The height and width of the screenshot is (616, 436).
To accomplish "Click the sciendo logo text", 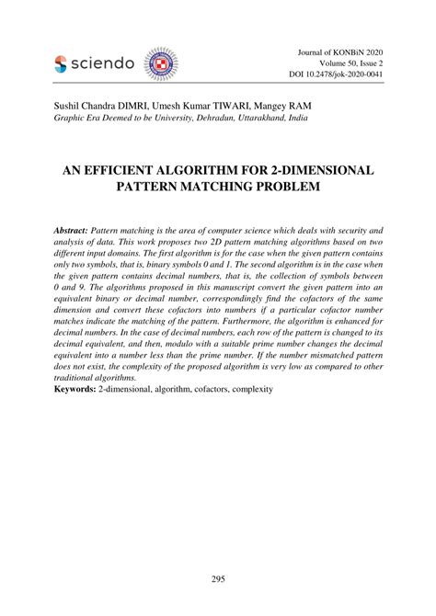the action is pyautogui.click(x=101, y=63).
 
